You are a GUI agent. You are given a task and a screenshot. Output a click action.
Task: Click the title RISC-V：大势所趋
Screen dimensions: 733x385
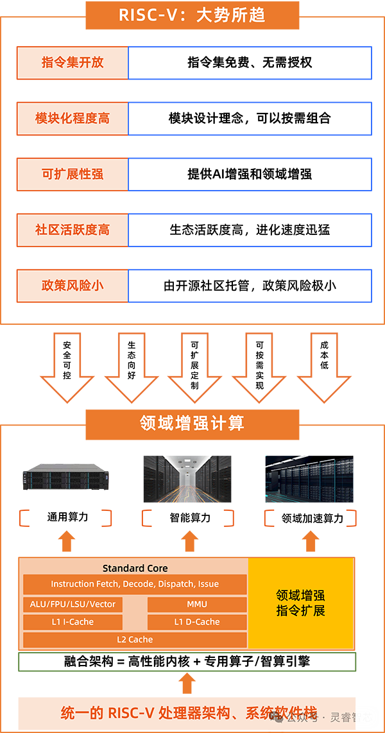192,15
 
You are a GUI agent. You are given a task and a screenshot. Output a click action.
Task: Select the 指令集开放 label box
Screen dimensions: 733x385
73,63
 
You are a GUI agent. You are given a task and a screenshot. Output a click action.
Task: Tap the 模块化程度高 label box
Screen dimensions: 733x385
73,119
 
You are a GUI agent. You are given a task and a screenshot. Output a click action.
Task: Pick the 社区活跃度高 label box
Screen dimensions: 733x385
73,230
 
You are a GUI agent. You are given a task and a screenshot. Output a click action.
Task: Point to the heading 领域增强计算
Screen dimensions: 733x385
192,423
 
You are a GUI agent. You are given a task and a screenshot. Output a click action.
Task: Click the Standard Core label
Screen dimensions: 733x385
135,568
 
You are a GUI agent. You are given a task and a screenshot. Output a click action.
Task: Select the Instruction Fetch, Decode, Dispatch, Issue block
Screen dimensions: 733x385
135,584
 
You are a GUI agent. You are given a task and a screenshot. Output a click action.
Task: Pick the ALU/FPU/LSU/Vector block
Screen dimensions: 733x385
73,604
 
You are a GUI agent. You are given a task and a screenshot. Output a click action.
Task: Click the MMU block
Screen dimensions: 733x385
197,604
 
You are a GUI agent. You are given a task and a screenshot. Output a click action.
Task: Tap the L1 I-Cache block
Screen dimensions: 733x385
73,621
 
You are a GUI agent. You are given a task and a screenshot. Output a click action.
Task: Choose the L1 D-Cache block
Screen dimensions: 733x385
197,621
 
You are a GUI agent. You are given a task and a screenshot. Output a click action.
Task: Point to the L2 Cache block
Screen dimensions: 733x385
135,639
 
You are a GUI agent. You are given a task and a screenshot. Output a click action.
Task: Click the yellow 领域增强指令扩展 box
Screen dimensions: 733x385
300,603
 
